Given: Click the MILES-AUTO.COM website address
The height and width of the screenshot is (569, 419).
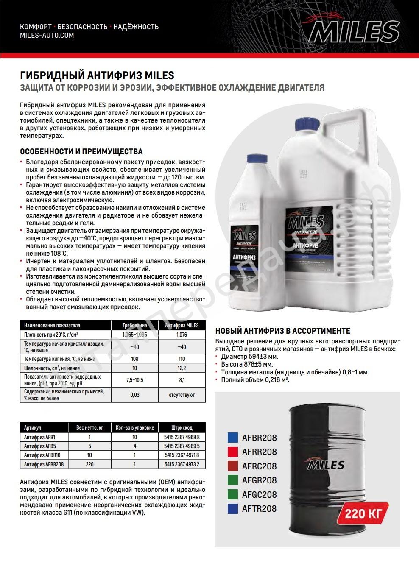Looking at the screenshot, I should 47,36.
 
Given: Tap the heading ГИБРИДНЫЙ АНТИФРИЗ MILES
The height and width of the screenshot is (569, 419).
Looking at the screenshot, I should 97,75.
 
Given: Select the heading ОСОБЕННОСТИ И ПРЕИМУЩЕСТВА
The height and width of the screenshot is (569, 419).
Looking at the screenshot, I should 81,151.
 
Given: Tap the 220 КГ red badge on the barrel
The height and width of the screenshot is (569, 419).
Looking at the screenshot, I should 363,514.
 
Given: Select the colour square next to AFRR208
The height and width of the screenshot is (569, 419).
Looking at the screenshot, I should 232,452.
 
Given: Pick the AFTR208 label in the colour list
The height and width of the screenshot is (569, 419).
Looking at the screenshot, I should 259,509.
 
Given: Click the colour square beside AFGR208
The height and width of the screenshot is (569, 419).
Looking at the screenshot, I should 232,480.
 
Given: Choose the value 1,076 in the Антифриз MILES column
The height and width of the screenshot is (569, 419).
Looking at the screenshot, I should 182,335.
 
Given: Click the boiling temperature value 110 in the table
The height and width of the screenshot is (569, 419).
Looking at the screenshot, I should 182,359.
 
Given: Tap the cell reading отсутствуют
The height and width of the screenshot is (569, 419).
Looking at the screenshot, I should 182,395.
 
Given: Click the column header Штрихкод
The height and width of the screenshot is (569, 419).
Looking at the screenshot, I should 182,427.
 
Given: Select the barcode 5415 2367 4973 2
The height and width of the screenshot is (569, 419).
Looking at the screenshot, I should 182,464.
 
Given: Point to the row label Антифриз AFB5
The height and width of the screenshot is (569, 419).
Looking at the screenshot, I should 40,446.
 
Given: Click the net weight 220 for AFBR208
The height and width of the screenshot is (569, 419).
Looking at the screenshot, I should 89,464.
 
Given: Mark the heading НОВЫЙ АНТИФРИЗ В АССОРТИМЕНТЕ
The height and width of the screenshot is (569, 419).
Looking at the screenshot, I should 283,331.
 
